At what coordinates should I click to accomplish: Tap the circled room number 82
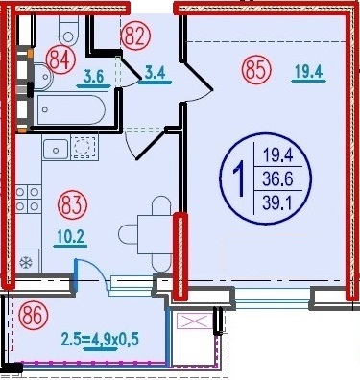point(135,37)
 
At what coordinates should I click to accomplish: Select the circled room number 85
point(257,70)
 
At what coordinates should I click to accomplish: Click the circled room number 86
point(34,316)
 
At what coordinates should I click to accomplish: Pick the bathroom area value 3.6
point(94,77)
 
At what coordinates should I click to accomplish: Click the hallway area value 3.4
point(155,73)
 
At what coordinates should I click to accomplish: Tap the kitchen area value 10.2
point(70,237)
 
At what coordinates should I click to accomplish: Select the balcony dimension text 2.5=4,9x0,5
point(100,339)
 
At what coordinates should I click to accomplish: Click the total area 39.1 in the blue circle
point(277,202)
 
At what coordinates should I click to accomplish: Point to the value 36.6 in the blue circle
point(277,179)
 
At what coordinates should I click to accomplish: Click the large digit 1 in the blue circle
point(239,178)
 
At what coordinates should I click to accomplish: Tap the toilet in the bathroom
point(68,31)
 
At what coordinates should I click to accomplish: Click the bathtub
point(71,109)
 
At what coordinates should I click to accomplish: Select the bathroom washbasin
point(42,77)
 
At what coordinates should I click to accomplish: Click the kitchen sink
point(56,150)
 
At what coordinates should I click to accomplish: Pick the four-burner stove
point(28,199)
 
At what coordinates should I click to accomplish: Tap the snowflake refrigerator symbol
point(26,263)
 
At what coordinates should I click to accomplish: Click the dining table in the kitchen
point(155,234)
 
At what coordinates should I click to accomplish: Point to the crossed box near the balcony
point(196,321)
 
